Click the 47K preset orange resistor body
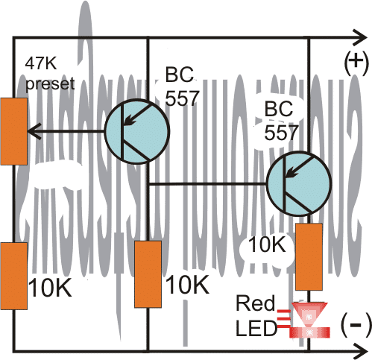tap(13, 130)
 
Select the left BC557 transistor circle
tap(132, 131)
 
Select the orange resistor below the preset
tap(13, 275)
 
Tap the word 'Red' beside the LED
tap(250, 303)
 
